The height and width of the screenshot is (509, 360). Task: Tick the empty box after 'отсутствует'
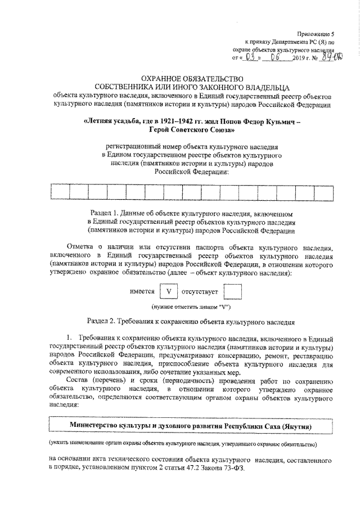(x=232, y=292)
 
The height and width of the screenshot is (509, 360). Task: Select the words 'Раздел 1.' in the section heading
(x=106, y=215)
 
